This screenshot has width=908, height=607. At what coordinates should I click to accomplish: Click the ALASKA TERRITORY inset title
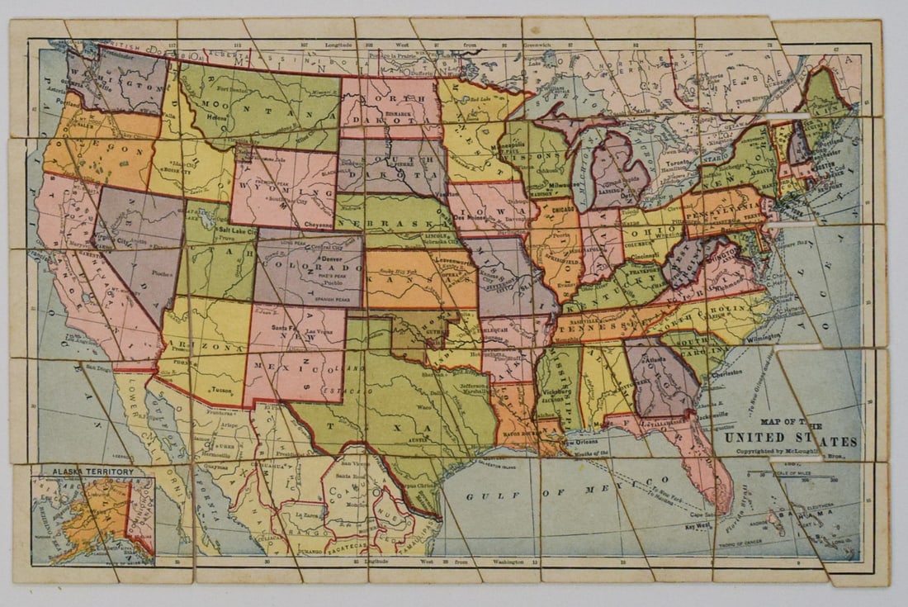(x=92, y=472)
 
